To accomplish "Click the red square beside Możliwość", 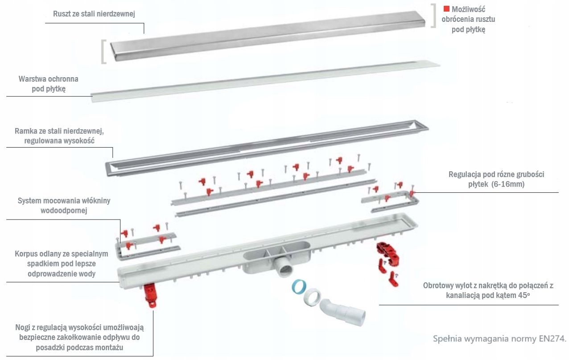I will (446, 9).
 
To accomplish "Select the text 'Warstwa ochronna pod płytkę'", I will (48, 84).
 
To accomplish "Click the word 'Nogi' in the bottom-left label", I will (23, 328).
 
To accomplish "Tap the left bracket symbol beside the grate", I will (103, 52).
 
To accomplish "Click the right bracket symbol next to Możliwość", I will (433, 16).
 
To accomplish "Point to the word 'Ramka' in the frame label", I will (25, 132).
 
